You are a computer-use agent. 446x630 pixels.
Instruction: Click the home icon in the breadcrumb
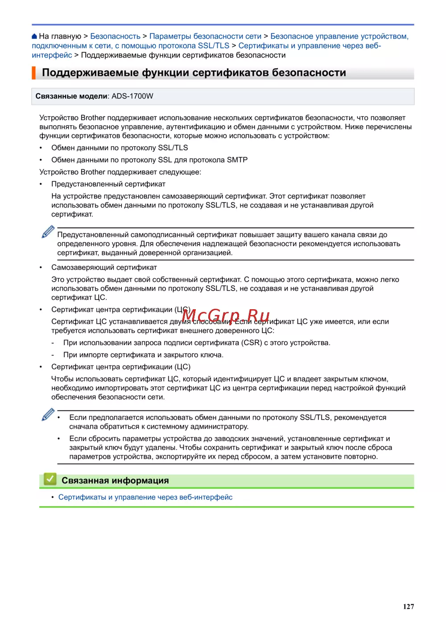point(34,37)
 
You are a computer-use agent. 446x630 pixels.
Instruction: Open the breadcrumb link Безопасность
point(115,37)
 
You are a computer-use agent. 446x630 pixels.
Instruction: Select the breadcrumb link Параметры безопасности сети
point(205,37)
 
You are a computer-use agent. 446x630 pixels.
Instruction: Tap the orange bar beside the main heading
point(33,73)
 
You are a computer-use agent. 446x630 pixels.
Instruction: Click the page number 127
point(408,606)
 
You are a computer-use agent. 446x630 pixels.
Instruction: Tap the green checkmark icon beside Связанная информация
point(50,480)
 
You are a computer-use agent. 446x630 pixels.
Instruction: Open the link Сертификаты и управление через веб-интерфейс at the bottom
point(145,497)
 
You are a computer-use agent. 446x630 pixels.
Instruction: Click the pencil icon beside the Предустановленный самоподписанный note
point(48,232)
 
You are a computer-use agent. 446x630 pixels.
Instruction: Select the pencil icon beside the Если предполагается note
point(48,415)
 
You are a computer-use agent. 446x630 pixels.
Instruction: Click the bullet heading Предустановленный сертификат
point(108,184)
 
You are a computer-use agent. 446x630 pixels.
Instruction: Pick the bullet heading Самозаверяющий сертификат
point(104,267)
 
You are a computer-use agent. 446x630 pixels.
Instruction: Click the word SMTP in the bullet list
point(237,160)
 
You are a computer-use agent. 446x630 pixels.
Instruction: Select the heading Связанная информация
point(115,480)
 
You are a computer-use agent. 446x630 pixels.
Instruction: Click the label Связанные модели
point(71,96)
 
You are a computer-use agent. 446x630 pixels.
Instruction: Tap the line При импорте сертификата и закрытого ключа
point(143,355)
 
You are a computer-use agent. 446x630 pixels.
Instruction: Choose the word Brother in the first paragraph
point(93,118)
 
